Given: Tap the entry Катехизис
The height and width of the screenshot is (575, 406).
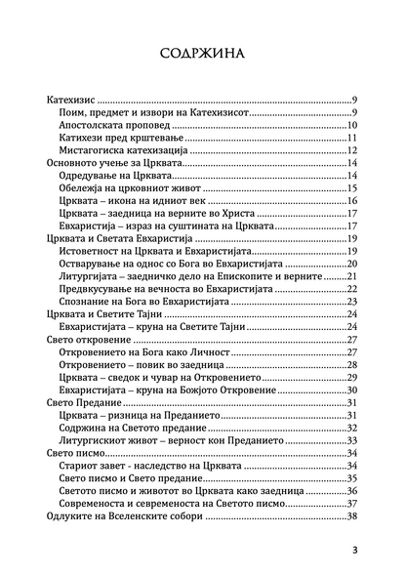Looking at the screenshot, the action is coord(75,99).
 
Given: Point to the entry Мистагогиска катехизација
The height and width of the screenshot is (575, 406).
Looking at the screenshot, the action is coord(124,150).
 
